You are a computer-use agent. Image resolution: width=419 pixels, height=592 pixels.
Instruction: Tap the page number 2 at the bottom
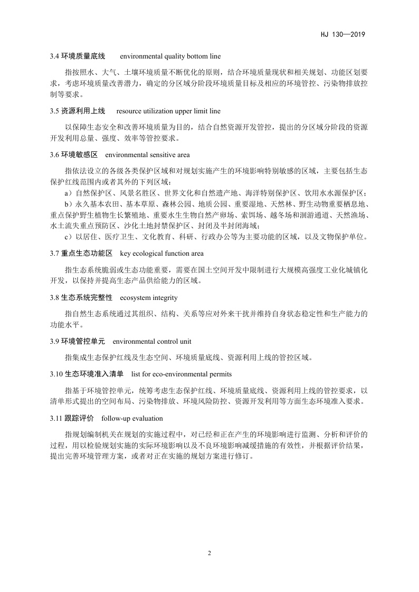click(209, 554)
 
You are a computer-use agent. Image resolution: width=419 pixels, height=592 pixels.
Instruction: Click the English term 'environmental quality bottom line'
click(170, 56)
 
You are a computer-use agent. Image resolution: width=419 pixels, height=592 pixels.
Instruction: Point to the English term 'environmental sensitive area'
click(147, 155)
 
